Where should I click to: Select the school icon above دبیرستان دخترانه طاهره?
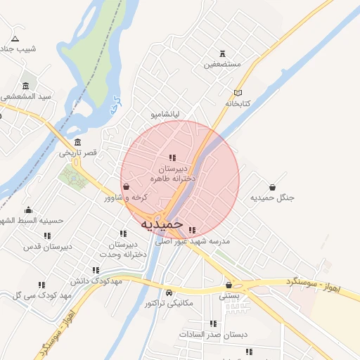tap(172, 157)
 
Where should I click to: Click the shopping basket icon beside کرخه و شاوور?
tap(126, 187)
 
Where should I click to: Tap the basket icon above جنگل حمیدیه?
tap(272, 187)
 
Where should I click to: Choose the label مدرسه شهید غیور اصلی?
tap(202, 240)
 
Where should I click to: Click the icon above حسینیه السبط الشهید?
tap(28, 210)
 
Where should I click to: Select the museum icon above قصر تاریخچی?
tap(86, 142)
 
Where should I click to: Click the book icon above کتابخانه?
tap(238, 93)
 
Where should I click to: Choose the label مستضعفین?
tap(223, 64)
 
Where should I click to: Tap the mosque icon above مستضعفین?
tap(223, 53)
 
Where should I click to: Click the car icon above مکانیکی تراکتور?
tap(169, 292)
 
